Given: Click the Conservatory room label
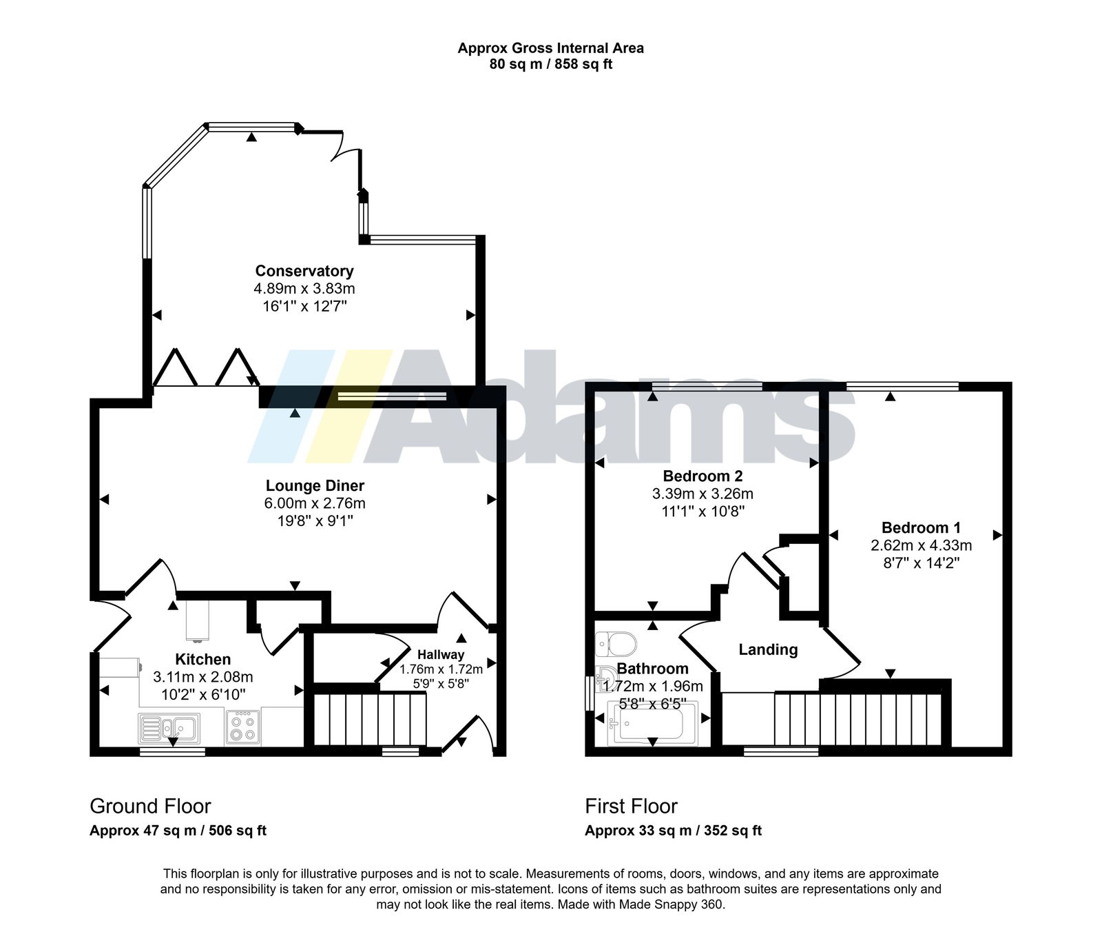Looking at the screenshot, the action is (304, 271).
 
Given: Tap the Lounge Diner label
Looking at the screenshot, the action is (315, 486).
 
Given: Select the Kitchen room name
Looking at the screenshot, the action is (202, 659).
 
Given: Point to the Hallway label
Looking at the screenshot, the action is (441, 655).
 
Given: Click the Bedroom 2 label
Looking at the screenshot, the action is (703, 476).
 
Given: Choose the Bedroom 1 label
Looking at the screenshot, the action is (921, 528).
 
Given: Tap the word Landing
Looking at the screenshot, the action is (768, 649).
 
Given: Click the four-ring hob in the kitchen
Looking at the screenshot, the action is (242, 727).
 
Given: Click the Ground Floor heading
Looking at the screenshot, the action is (150, 806).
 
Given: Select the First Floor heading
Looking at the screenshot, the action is (631, 806).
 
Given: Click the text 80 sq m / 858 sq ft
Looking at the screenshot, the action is (551, 64).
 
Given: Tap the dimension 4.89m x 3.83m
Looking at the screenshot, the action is (304, 288).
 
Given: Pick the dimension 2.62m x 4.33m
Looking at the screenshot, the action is (921, 545).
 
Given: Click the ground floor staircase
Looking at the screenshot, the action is (370, 719).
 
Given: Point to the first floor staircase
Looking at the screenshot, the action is (857, 719).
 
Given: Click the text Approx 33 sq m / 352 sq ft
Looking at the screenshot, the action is (673, 831).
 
